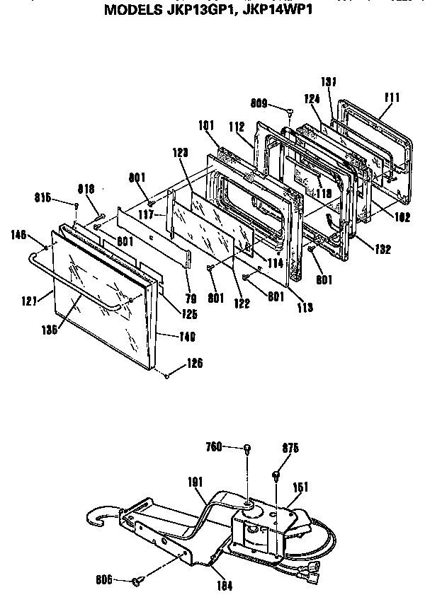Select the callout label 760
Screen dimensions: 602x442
tap(213, 446)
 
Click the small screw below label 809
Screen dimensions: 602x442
tap(290, 111)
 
